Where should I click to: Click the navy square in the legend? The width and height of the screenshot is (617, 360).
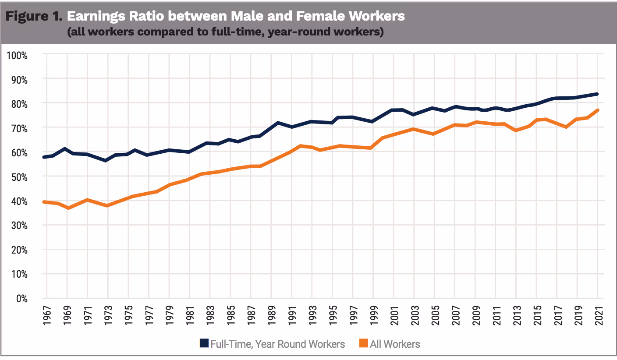coord(204,344)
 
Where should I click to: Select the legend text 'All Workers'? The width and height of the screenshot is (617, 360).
coord(395,344)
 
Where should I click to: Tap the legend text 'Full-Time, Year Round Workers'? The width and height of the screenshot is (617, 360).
coord(278,344)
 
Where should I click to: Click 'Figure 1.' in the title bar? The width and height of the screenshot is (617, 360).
coord(34,16)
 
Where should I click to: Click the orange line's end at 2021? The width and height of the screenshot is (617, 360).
coord(598,110)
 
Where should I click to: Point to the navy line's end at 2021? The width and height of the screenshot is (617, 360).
coord(598,94)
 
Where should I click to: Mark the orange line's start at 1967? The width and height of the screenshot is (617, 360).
coord(44,201)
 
